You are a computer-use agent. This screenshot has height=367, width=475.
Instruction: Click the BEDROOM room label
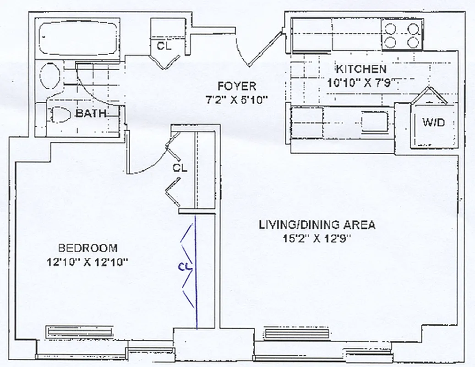click(88, 248)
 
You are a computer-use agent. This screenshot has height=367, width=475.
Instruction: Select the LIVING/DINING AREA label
click(317, 225)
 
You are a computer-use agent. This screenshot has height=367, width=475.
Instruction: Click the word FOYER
click(237, 86)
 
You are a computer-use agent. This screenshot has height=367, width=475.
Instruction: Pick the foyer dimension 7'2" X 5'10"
click(237, 100)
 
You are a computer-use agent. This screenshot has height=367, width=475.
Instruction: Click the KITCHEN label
click(361, 69)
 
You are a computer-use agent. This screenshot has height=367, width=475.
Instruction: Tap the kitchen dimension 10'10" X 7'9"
click(361, 83)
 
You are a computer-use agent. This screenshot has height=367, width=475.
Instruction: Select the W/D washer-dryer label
click(433, 122)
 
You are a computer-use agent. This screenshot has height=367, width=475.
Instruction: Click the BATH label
click(91, 113)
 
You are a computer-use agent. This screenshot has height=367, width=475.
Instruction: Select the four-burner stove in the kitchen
click(402, 34)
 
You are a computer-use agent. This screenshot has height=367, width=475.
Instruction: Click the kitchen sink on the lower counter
click(375, 121)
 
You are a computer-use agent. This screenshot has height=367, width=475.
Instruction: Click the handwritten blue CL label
click(185, 267)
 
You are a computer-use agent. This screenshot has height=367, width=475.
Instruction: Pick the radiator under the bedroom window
click(79, 332)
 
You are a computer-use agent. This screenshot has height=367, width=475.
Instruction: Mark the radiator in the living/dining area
click(297, 334)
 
